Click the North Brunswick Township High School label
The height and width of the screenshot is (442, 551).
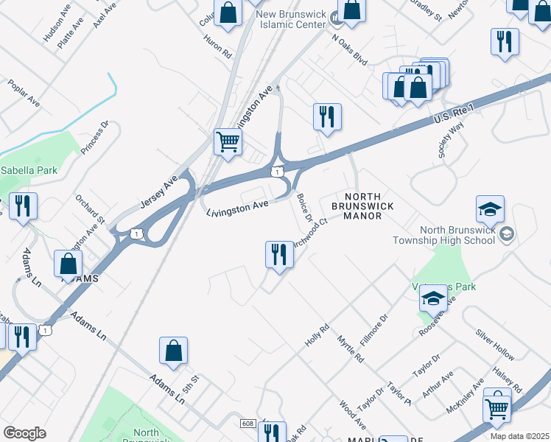coord(454,234)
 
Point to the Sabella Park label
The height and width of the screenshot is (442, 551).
coord(28,170)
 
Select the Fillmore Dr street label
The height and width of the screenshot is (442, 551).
coord(373,329)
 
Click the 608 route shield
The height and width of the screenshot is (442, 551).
coord(248,423)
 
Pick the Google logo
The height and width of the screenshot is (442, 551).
coord(25,433)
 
